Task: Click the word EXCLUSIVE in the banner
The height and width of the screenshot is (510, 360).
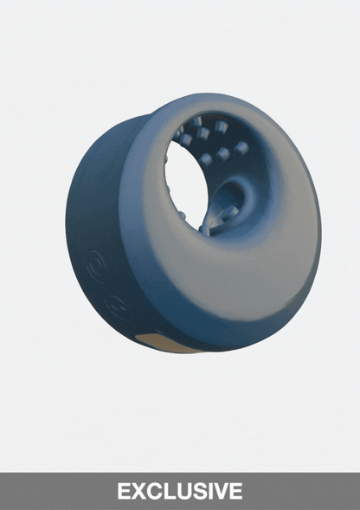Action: pos(180,491)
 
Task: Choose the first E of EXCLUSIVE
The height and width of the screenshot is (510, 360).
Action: pos(124,491)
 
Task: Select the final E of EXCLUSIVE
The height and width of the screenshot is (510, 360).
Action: pos(235,491)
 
